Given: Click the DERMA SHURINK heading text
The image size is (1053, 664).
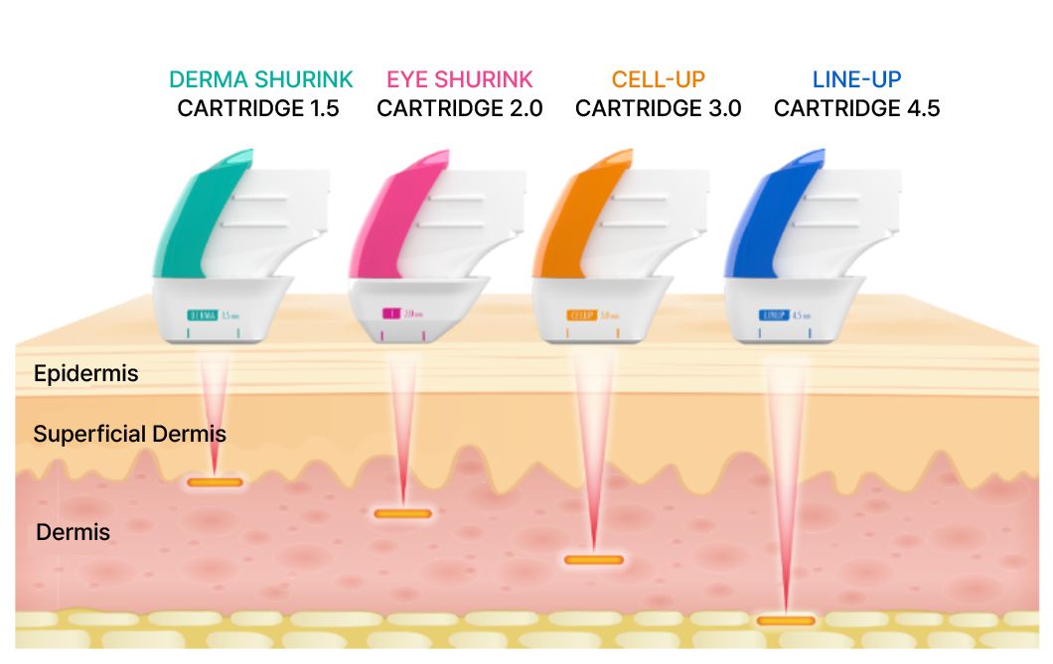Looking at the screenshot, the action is click(x=260, y=80).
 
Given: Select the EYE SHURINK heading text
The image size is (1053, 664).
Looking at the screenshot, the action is click(x=459, y=80).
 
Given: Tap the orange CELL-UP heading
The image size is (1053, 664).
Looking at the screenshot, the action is click(x=658, y=80).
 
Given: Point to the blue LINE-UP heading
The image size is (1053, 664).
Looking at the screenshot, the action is click(x=856, y=80).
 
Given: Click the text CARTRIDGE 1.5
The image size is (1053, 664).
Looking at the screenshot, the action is click(x=258, y=109).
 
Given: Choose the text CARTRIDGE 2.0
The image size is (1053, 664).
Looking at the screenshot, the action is click(x=459, y=109).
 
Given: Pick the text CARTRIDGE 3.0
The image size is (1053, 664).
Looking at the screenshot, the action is click(x=658, y=109).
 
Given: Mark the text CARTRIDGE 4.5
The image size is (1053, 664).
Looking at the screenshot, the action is click(x=856, y=109).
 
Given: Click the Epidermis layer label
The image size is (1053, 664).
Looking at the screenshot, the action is click(x=85, y=374).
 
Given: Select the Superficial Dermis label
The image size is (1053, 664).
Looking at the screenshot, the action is click(x=129, y=434).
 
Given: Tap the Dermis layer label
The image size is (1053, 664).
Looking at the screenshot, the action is click(x=73, y=532).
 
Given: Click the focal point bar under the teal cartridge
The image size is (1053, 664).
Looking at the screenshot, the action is click(x=215, y=482).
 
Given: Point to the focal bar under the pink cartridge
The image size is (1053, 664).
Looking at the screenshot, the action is click(x=402, y=514).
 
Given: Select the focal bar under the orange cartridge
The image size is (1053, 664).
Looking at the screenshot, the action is click(x=594, y=560).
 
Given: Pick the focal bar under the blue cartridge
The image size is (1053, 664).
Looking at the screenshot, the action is click(x=786, y=621).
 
